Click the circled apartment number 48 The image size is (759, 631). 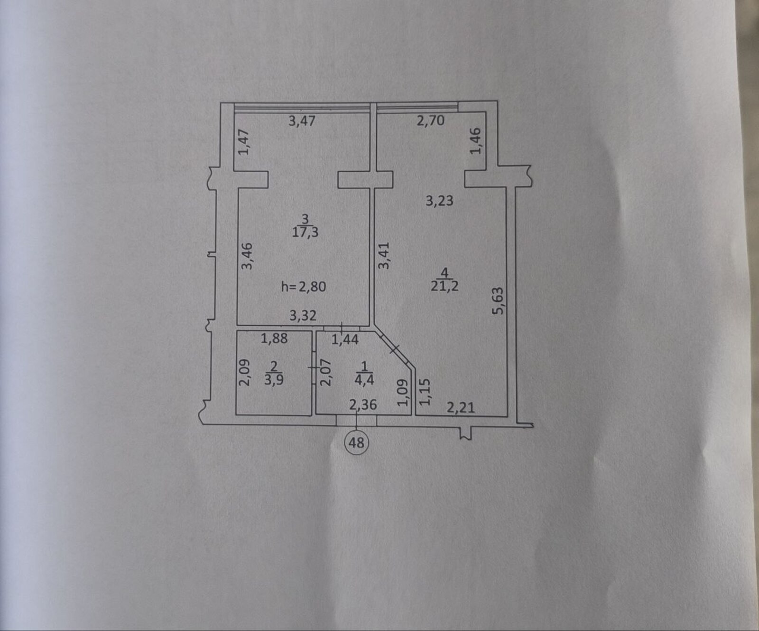[356, 443]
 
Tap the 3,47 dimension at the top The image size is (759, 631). [302, 121]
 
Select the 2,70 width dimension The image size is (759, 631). [431, 121]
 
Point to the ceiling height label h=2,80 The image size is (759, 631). [304, 286]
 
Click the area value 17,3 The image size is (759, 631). [305, 232]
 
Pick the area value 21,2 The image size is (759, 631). [444, 286]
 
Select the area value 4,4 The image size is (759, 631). [364, 380]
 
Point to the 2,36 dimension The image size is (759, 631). [363, 405]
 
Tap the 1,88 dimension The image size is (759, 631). [274, 339]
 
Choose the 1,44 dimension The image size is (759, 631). [345, 339]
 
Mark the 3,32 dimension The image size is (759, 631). [303, 315]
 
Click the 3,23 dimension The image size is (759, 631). [439, 201]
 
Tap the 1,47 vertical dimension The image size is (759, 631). [244, 142]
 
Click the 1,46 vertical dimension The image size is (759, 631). [476, 141]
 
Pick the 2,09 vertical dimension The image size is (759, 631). [244, 372]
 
